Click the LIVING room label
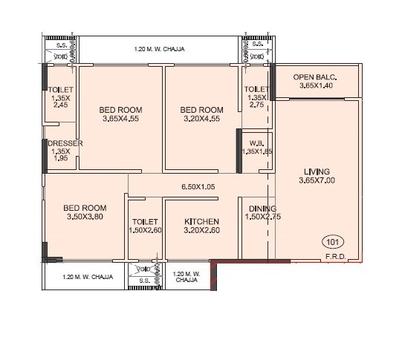click(317, 170)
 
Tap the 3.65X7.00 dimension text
click(317, 180)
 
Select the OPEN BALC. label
click(315, 76)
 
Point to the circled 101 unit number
click(332, 242)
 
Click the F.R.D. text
click(334, 258)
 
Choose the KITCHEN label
click(202, 221)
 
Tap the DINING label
click(262, 209)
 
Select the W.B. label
click(257, 143)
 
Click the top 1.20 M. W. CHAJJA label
click(159, 49)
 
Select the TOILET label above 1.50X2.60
click(143, 221)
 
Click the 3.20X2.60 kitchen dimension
click(202, 231)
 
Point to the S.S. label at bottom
click(143, 281)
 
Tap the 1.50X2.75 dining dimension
click(262, 217)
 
